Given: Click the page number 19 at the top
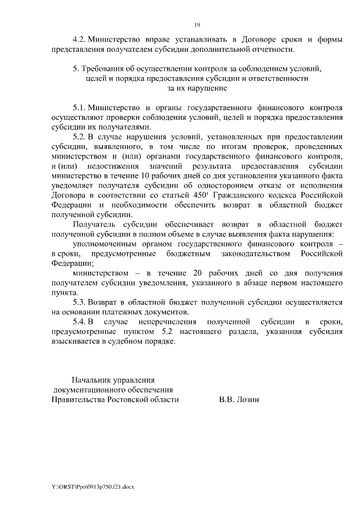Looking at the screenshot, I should click(x=197, y=24).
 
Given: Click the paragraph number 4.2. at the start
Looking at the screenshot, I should click(x=79, y=40).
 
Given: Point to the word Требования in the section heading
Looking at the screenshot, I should click(x=103, y=69).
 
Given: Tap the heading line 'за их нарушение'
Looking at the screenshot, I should click(x=197, y=88).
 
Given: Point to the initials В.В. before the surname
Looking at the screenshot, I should click(x=227, y=399).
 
